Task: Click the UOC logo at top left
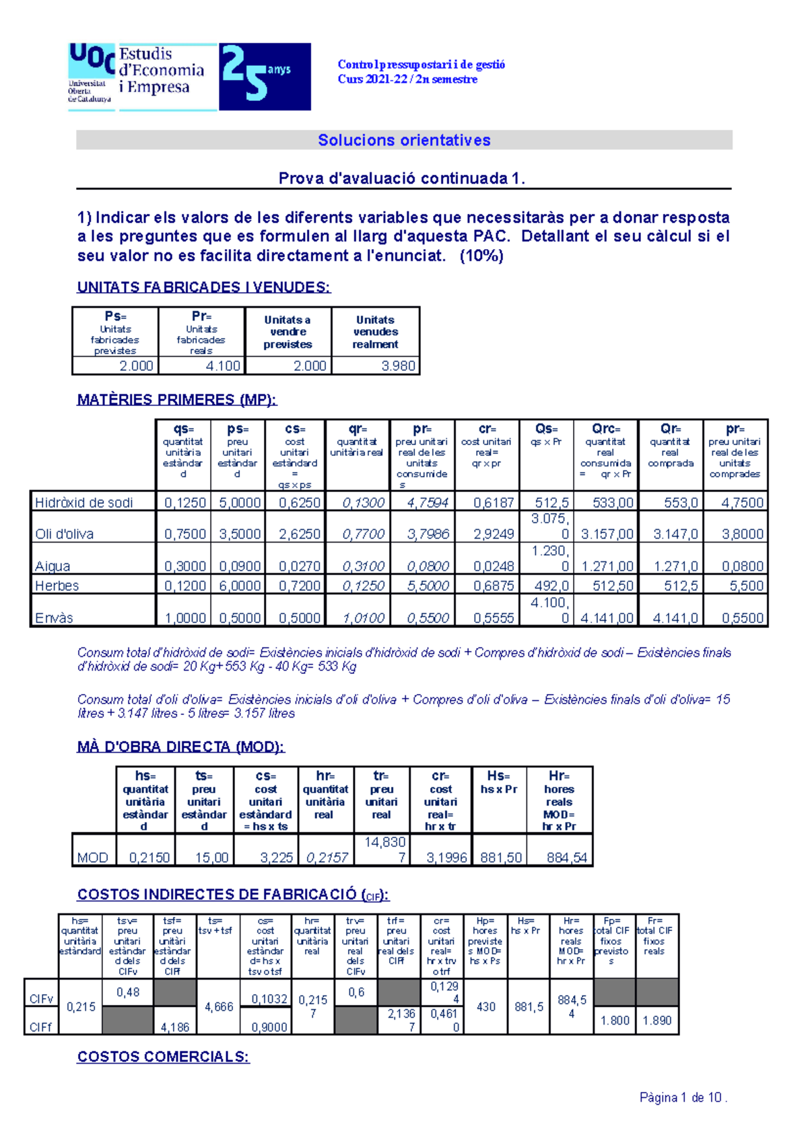pos(91,73)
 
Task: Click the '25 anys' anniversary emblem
pos(264,76)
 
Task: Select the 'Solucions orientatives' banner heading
pos(404,140)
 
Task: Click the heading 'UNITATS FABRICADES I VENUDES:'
pos(203,287)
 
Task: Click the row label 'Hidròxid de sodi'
pos(84,502)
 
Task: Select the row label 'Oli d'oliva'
pos(65,534)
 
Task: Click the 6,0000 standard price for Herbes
pos(239,586)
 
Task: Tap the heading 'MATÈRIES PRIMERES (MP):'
pos(176,400)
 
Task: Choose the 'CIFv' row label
pos(40,999)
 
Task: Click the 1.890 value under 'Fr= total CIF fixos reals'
pos(656,1020)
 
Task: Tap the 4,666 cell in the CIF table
pos(218,1007)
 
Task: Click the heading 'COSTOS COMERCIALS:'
pos(163,1057)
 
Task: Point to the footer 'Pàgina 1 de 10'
pos(683,1098)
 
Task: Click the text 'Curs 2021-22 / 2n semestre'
pos(407,79)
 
